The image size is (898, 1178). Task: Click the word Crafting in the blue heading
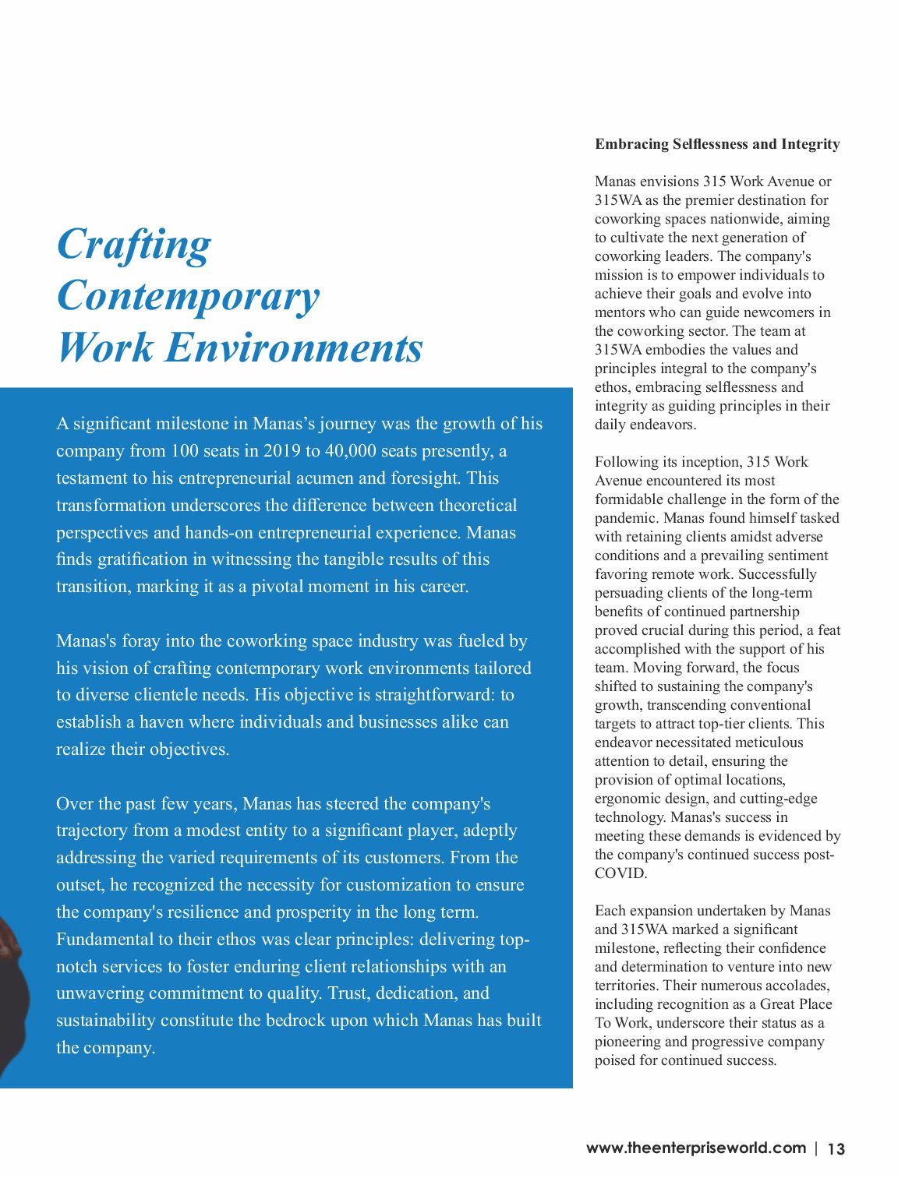pyautogui.click(x=134, y=245)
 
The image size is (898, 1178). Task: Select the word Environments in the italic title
pyautogui.click(x=295, y=347)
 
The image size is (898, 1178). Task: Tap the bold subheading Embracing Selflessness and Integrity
pyautogui.click(x=717, y=144)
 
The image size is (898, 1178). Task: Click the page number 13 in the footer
pyautogui.click(x=836, y=1149)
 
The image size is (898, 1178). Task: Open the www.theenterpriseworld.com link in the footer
pyautogui.click(x=695, y=1148)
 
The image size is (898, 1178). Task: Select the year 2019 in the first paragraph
pyautogui.click(x=281, y=451)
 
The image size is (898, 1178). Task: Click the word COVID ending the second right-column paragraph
pyautogui.click(x=620, y=873)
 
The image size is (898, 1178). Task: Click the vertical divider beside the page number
pyautogui.click(x=816, y=1148)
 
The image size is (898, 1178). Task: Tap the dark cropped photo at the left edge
pyautogui.click(x=11, y=989)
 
